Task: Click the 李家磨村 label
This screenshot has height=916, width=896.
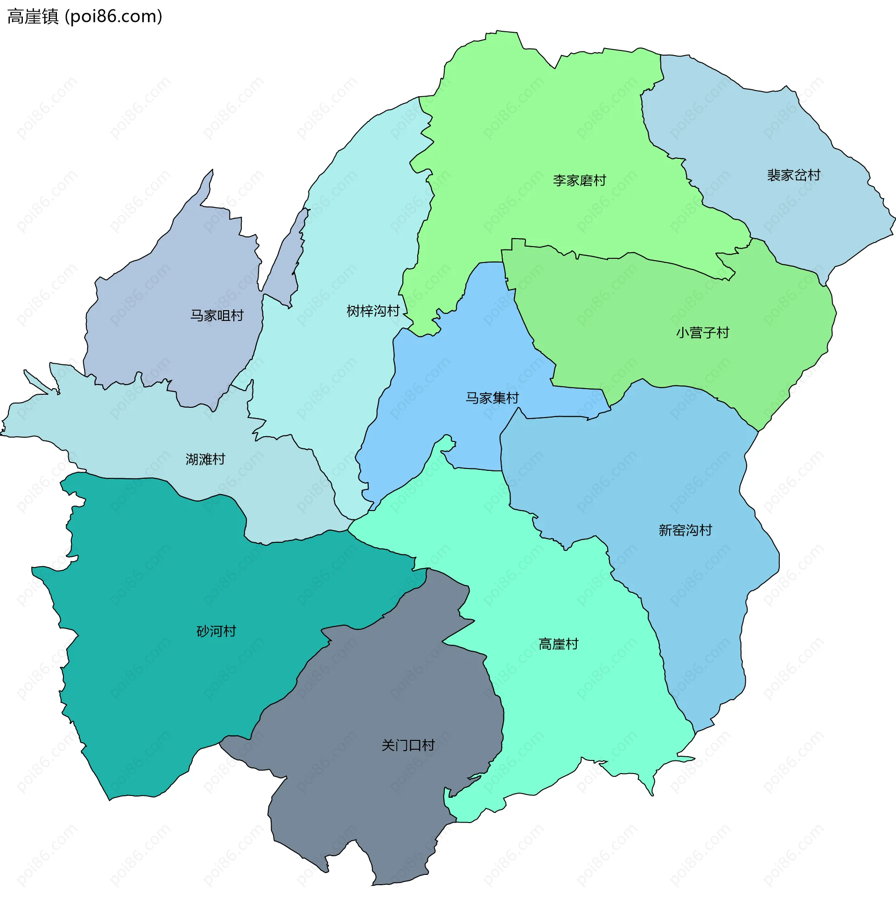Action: point(579,180)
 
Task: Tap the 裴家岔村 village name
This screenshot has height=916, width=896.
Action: point(793,175)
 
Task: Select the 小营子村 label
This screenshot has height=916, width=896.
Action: point(702,333)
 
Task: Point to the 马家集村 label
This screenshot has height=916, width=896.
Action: point(492,398)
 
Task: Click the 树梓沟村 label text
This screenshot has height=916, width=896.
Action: point(373,311)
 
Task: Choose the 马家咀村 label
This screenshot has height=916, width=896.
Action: point(217,316)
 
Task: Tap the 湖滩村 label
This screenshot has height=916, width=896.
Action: point(205,459)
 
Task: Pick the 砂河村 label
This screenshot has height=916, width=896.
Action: point(216,632)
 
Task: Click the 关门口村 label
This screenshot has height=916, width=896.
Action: point(408,746)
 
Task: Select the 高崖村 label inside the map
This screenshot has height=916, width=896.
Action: point(558,644)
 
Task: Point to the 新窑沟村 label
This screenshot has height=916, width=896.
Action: point(685,530)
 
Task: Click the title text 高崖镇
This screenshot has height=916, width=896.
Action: point(33,16)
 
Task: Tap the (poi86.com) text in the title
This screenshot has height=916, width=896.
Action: point(113,16)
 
